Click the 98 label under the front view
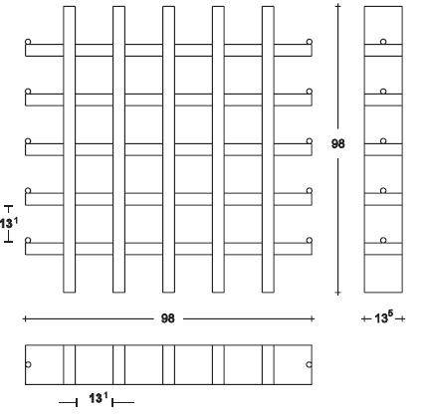167,318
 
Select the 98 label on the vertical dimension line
337,143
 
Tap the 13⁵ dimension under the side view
384,317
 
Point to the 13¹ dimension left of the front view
8,223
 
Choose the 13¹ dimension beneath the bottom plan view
99,397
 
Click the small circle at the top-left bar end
28,42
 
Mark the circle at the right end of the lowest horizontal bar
310,240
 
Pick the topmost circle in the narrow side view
383,42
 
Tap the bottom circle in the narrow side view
383,240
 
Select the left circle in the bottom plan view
28,364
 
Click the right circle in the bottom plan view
309,364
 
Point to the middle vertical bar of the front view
168,149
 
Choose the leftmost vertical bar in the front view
69,149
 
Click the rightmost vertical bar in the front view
268,149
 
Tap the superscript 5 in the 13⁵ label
390,314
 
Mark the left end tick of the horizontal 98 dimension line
25,319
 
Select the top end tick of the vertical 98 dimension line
338,6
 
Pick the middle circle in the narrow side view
383,141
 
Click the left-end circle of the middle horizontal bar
28,141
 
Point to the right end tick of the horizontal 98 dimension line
312,319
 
